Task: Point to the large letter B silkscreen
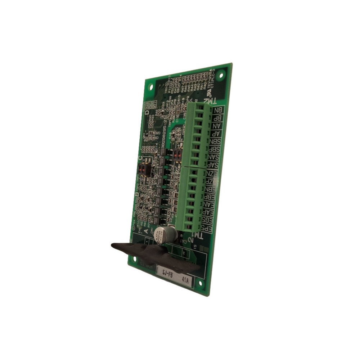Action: tap(137, 195)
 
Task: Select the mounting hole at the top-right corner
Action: tap(221, 75)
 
